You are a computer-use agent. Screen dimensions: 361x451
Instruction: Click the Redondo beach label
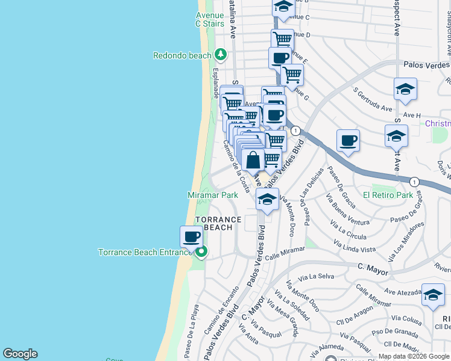coord(181,55)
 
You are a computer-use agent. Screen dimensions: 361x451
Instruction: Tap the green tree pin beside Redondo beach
coord(221,55)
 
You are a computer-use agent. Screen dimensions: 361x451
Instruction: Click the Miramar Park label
coord(213,195)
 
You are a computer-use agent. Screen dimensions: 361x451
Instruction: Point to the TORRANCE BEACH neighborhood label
coord(218,223)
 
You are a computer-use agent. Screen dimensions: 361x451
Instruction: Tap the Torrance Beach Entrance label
coord(145,253)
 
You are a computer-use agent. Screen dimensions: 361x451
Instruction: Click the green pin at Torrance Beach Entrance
coord(201,252)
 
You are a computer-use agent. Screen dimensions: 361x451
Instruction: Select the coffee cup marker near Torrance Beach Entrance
coord(192,236)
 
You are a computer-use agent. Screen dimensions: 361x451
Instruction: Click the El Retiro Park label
coord(388,195)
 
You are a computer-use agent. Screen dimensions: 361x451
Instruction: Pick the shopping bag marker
coord(253,161)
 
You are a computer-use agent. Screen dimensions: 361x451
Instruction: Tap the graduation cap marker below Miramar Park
coord(267,199)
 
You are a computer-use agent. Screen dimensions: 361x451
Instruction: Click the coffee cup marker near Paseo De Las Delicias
coord(348,141)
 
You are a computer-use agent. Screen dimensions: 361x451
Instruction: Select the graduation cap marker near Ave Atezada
coord(433,294)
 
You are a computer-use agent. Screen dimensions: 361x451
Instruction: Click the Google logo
coord(20,354)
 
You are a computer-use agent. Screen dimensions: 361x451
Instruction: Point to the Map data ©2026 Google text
coord(414,356)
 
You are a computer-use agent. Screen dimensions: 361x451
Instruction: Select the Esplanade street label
coord(215,82)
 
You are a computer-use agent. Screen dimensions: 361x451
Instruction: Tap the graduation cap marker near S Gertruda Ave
coord(406,90)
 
